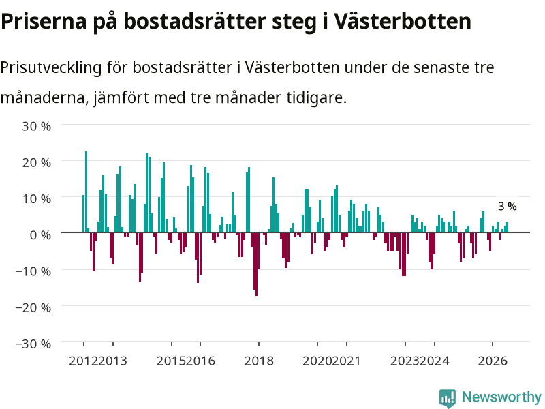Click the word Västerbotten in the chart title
click(x=403, y=22)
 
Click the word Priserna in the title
click(x=44, y=22)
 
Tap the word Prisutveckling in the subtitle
click(x=50, y=67)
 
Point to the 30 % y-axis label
click(x=37, y=126)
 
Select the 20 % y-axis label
click(x=37, y=162)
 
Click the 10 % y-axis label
click(x=37, y=198)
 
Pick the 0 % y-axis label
click(x=40, y=235)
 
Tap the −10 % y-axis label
click(x=33, y=271)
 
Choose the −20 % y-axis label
click(x=33, y=307)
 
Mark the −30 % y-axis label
click(x=33, y=344)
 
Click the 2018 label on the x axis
click(x=259, y=361)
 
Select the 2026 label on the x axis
click(x=493, y=361)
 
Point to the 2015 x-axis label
click(x=172, y=361)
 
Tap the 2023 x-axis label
click(x=405, y=361)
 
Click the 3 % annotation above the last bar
click(x=507, y=207)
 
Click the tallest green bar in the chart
click(x=87, y=192)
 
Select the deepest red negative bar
click(x=257, y=264)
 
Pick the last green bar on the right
click(x=507, y=227)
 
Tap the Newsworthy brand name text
click(x=501, y=397)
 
